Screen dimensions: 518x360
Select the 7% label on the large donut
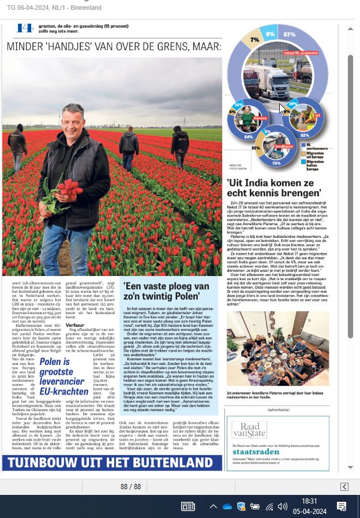254,40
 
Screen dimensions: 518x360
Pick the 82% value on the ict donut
305,135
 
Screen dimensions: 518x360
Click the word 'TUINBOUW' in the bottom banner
39,463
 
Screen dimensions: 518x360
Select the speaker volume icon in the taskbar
282,507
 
